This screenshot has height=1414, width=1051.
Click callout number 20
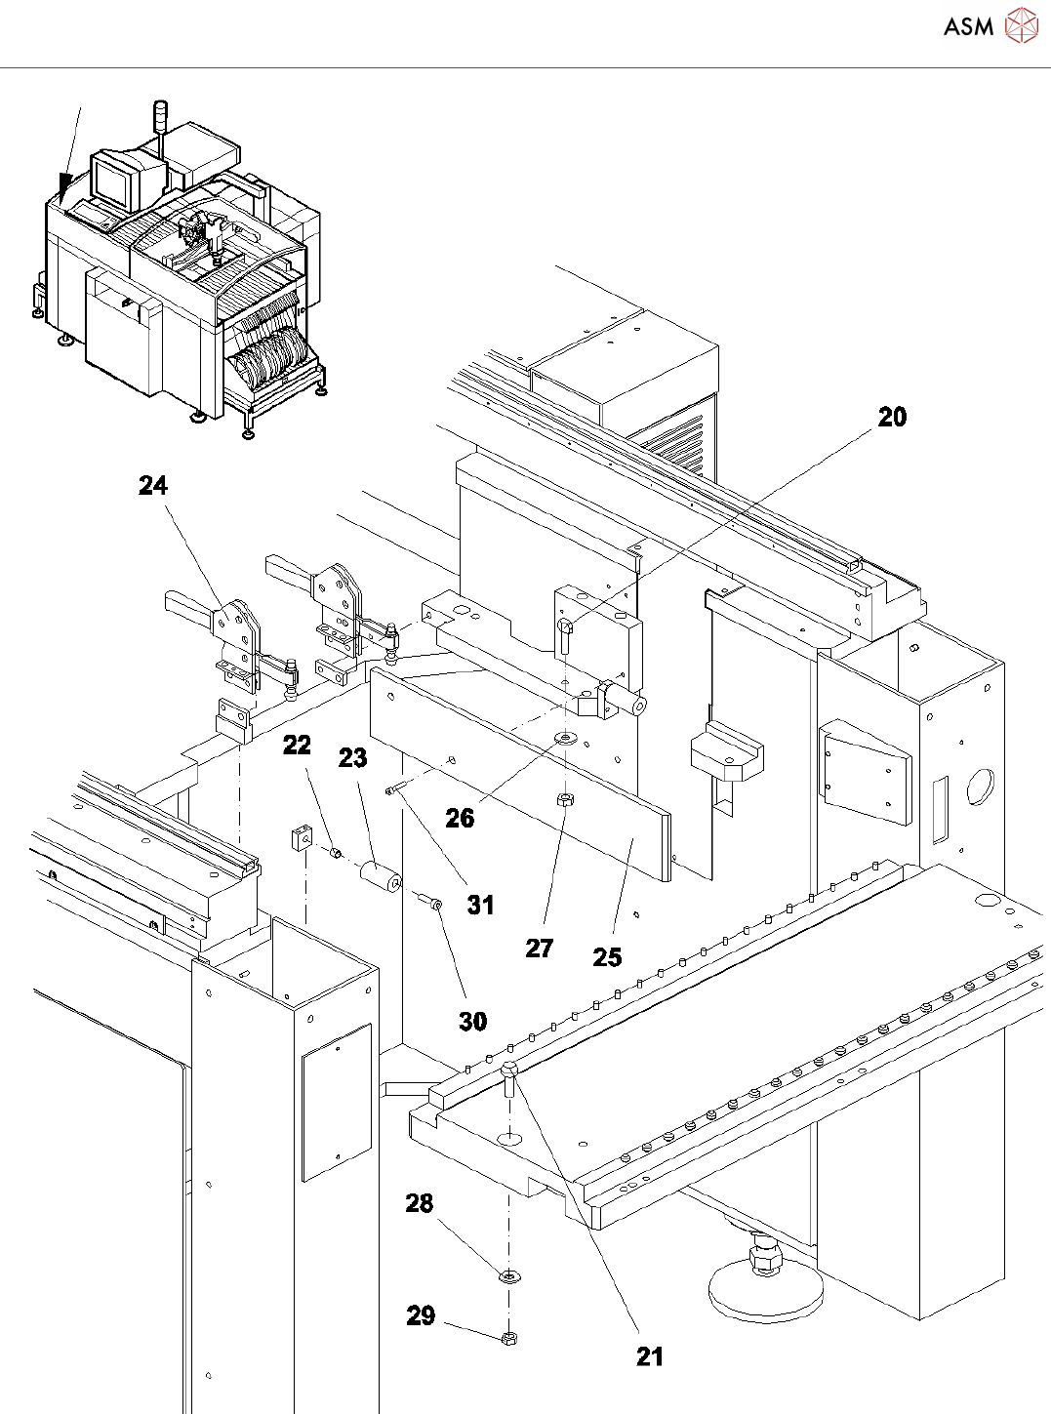pos(892,417)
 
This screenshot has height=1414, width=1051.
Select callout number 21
pos(649,1356)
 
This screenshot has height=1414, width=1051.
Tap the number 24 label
pos(153,485)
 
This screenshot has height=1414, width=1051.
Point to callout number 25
pos(607,957)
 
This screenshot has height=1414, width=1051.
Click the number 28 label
pos(420,1203)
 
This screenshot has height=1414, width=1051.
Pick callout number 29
pos(421,1315)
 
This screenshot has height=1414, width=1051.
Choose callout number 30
pos(472,1021)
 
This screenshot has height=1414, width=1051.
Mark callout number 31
pos(480,905)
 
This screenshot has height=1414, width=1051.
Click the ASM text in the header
pos(968,27)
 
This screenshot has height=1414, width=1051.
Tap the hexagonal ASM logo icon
pos(1021,26)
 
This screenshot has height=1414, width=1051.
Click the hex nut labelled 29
pos(507,1338)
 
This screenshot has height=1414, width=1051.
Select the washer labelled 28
pos(508,1275)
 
